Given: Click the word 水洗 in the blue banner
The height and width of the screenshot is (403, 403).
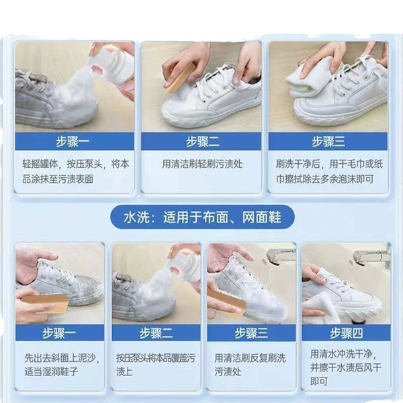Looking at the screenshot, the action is (x=136, y=218).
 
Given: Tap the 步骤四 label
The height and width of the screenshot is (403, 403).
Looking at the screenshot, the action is (x=347, y=333).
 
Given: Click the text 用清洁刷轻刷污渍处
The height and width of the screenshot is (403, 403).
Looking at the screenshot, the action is (x=202, y=164).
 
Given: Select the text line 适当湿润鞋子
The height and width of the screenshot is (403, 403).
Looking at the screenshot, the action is (x=51, y=371).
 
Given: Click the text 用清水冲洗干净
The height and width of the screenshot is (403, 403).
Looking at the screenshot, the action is (x=341, y=354).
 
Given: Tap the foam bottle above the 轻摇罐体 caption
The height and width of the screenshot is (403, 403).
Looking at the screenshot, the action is (x=117, y=69).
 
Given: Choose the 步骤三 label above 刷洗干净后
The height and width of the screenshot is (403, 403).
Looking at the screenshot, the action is (x=328, y=142).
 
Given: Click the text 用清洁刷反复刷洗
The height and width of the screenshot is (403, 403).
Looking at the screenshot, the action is (x=250, y=358).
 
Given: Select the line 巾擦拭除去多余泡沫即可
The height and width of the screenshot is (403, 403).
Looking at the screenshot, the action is (x=325, y=179).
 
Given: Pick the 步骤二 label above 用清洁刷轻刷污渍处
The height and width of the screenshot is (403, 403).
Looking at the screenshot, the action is (x=203, y=142).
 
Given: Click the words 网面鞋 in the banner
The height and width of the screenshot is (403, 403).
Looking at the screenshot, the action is (x=262, y=218).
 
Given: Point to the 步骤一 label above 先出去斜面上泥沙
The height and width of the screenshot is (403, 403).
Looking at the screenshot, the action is (x=59, y=333).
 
